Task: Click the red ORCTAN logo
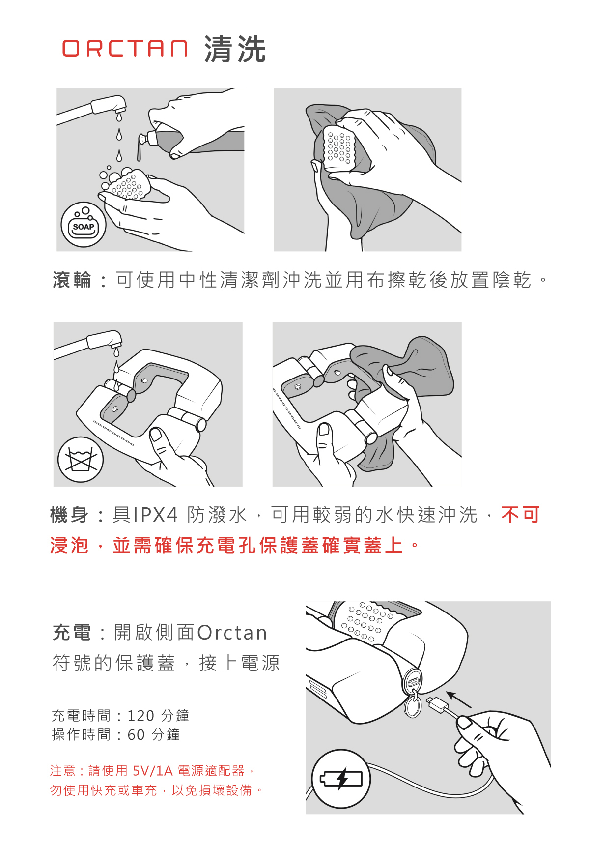coord(125,49)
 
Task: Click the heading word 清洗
coord(235,49)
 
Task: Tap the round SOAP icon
coord(84,225)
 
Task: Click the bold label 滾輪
coord(72,280)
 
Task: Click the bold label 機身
coord(70,515)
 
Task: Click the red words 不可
coord(520,515)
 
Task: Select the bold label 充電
coord(72,633)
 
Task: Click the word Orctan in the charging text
coord(232,633)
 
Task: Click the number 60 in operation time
coord(136,735)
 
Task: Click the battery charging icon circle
coord(341,779)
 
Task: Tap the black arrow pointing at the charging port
coord(459,699)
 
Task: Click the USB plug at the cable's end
coord(437,705)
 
